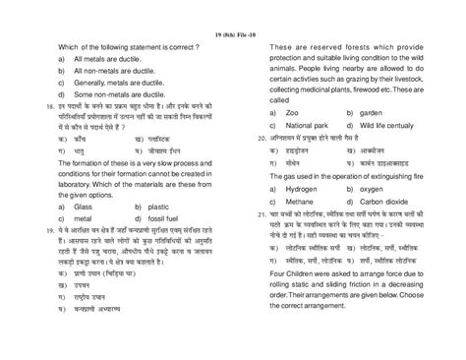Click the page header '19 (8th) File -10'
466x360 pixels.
click(233, 11)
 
